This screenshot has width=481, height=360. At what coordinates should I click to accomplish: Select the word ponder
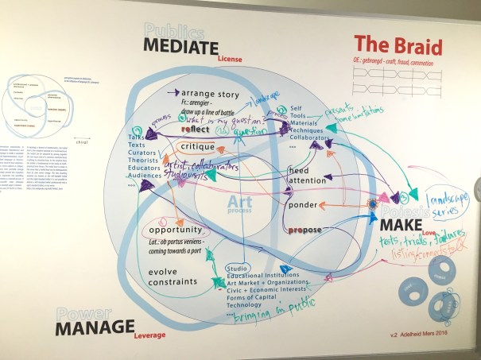pyautogui.click(x=301, y=205)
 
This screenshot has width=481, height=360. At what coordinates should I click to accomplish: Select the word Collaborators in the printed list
pyautogui.click(x=311, y=137)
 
